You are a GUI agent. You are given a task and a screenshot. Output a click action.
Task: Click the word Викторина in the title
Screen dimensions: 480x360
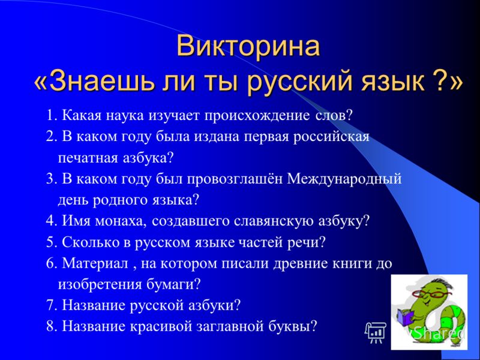tap(248, 46)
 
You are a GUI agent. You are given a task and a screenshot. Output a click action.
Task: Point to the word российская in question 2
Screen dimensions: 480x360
tap(332, 137)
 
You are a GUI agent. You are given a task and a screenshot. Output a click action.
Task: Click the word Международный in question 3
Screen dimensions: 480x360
tap(344, 179)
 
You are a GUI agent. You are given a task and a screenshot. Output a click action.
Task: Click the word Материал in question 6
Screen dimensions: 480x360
tap(95, 263)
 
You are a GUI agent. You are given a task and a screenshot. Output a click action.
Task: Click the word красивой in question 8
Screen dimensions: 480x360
tap(161, 326)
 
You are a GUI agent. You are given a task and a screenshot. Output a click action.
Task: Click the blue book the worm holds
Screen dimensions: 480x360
tap(406, 317)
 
